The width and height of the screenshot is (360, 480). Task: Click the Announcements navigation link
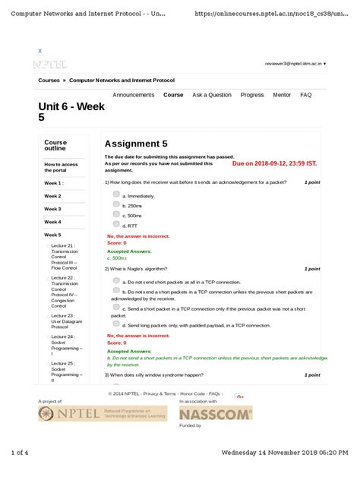133,95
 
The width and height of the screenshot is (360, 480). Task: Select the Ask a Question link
212,95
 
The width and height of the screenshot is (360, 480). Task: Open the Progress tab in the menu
252,95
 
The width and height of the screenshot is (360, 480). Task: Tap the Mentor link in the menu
282,95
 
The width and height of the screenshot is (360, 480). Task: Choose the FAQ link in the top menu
306,95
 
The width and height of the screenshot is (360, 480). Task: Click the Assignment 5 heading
136,144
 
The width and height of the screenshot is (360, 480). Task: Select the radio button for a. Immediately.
116,194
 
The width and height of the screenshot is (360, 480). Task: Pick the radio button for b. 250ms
116,205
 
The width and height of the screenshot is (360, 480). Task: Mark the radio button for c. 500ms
116,215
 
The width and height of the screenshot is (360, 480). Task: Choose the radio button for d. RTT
116,225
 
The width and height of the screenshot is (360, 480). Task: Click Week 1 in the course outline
53,183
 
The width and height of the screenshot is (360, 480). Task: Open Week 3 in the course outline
52,209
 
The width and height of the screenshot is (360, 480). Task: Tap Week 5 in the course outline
52,235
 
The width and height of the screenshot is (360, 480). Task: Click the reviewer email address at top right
294,65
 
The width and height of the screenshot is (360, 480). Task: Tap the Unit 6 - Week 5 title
71,112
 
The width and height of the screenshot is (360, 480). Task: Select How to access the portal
61,167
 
